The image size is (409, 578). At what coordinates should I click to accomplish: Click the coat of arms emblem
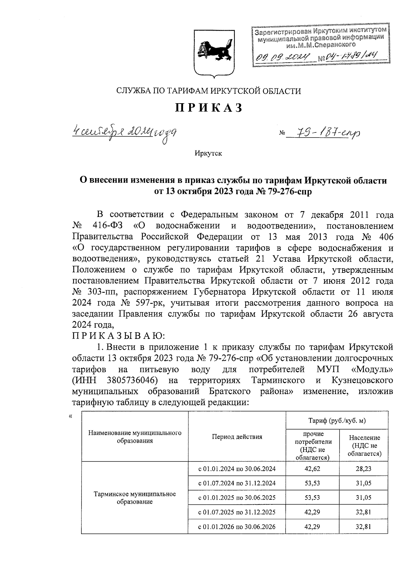214,52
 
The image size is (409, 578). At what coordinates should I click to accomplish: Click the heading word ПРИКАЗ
209,108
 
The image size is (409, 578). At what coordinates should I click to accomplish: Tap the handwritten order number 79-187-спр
323,133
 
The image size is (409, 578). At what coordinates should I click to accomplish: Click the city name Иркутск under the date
208,154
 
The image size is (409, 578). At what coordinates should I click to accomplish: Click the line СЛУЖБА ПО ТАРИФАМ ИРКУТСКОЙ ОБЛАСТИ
209,91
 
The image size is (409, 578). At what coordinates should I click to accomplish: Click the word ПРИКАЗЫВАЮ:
119,336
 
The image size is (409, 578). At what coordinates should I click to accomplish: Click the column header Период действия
237,437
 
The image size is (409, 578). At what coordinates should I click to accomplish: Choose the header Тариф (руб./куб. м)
337,421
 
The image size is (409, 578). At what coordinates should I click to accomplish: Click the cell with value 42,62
313,469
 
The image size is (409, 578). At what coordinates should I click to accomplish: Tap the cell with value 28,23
363,469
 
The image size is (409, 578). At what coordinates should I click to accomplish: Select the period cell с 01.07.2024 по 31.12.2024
237,483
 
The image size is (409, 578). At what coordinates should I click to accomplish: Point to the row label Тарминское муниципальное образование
135,498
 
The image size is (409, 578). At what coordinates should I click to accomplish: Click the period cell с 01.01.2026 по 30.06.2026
237,527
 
